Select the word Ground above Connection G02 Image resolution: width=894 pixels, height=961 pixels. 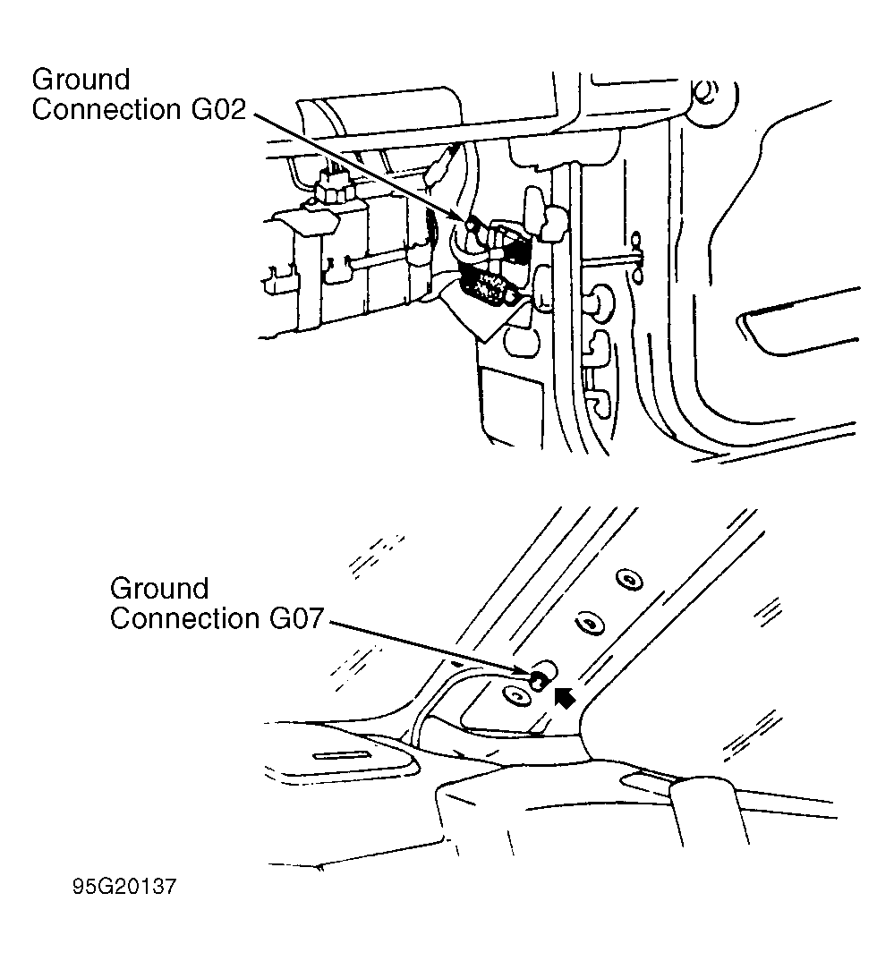pyautogui.click(x=81, y=80)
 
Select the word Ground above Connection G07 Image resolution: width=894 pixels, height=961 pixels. pyautogui.click(x=159, y=589)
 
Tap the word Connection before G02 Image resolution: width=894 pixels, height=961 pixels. pyautogui.click(x=106, y=110)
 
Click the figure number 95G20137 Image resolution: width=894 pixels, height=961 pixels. pyautogui.click(x=124, y=886)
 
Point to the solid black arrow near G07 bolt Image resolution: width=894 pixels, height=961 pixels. pyautogui.click(x=565, y=697)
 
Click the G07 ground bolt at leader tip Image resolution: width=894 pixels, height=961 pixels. pyautogui.click(x=537, y=678)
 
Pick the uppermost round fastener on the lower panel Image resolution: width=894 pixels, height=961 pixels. pyautogui.click(x=629, y=580)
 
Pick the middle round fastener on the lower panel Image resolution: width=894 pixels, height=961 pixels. pyautogui.click(x=590, y=624)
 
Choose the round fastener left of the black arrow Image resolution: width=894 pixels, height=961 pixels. pyautogui.click(x=516, y=696)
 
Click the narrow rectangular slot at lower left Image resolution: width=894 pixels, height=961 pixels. pyautogui.click(x=341, y=755)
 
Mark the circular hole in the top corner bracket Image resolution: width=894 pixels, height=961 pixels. pyautogui.click(x=706, y=93)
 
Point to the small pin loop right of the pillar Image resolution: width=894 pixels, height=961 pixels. pyautogui.click(x=637, y=257)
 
